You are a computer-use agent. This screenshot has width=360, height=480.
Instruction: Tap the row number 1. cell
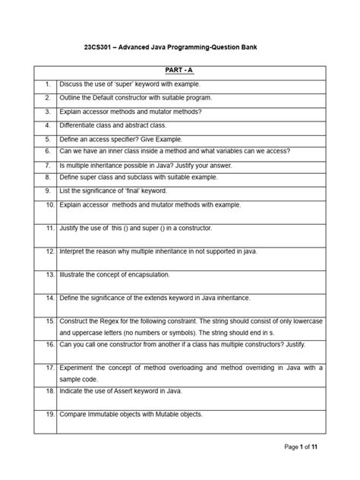[47, 84]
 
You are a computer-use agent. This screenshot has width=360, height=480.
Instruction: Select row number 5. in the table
[47, 140]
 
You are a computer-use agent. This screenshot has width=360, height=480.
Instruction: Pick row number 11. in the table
[48, 228]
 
